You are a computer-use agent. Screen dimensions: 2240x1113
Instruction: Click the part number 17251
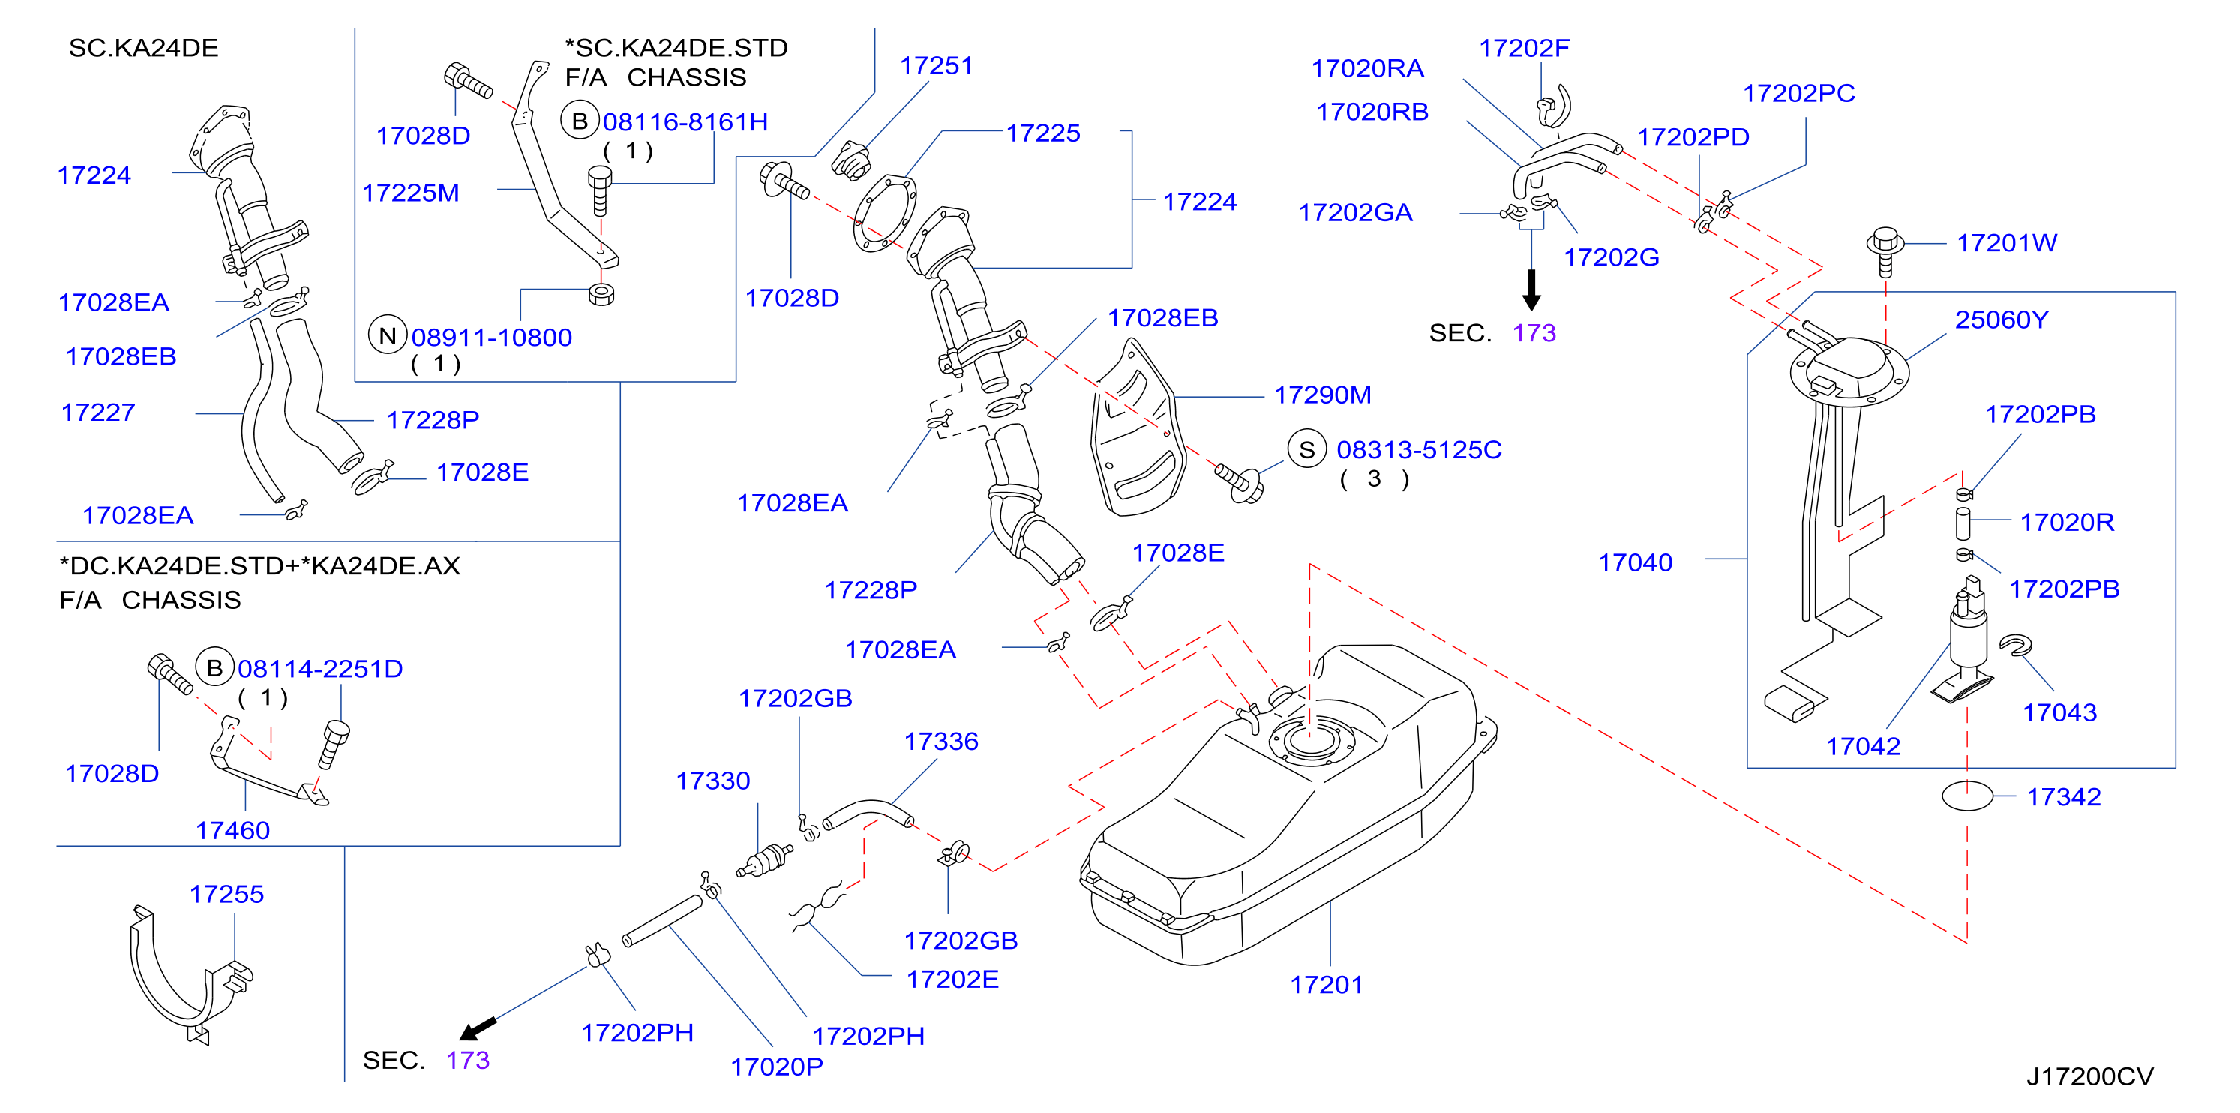(x=936, y=65)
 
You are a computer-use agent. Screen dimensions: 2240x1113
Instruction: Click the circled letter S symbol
(x=1306, y=449)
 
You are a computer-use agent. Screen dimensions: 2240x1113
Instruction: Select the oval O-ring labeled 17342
(x=1967, y=796)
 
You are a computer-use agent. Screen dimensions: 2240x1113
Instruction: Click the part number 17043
(x=2059, y=712)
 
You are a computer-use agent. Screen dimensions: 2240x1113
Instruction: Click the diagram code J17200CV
(x=2089, y=1076)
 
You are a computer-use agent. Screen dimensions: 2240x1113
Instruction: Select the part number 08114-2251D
(x=320, y=669)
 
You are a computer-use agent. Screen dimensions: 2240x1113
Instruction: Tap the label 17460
(x=232, y=830)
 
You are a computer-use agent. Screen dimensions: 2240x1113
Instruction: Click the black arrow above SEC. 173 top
(x=1531, y=289)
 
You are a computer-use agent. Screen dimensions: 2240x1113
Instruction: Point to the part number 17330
(x=713, y=781)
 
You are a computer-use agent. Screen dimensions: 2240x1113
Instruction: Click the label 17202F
(x=1524, y=48)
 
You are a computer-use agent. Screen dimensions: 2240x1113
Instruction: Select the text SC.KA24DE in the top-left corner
(x=143, y=48)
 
